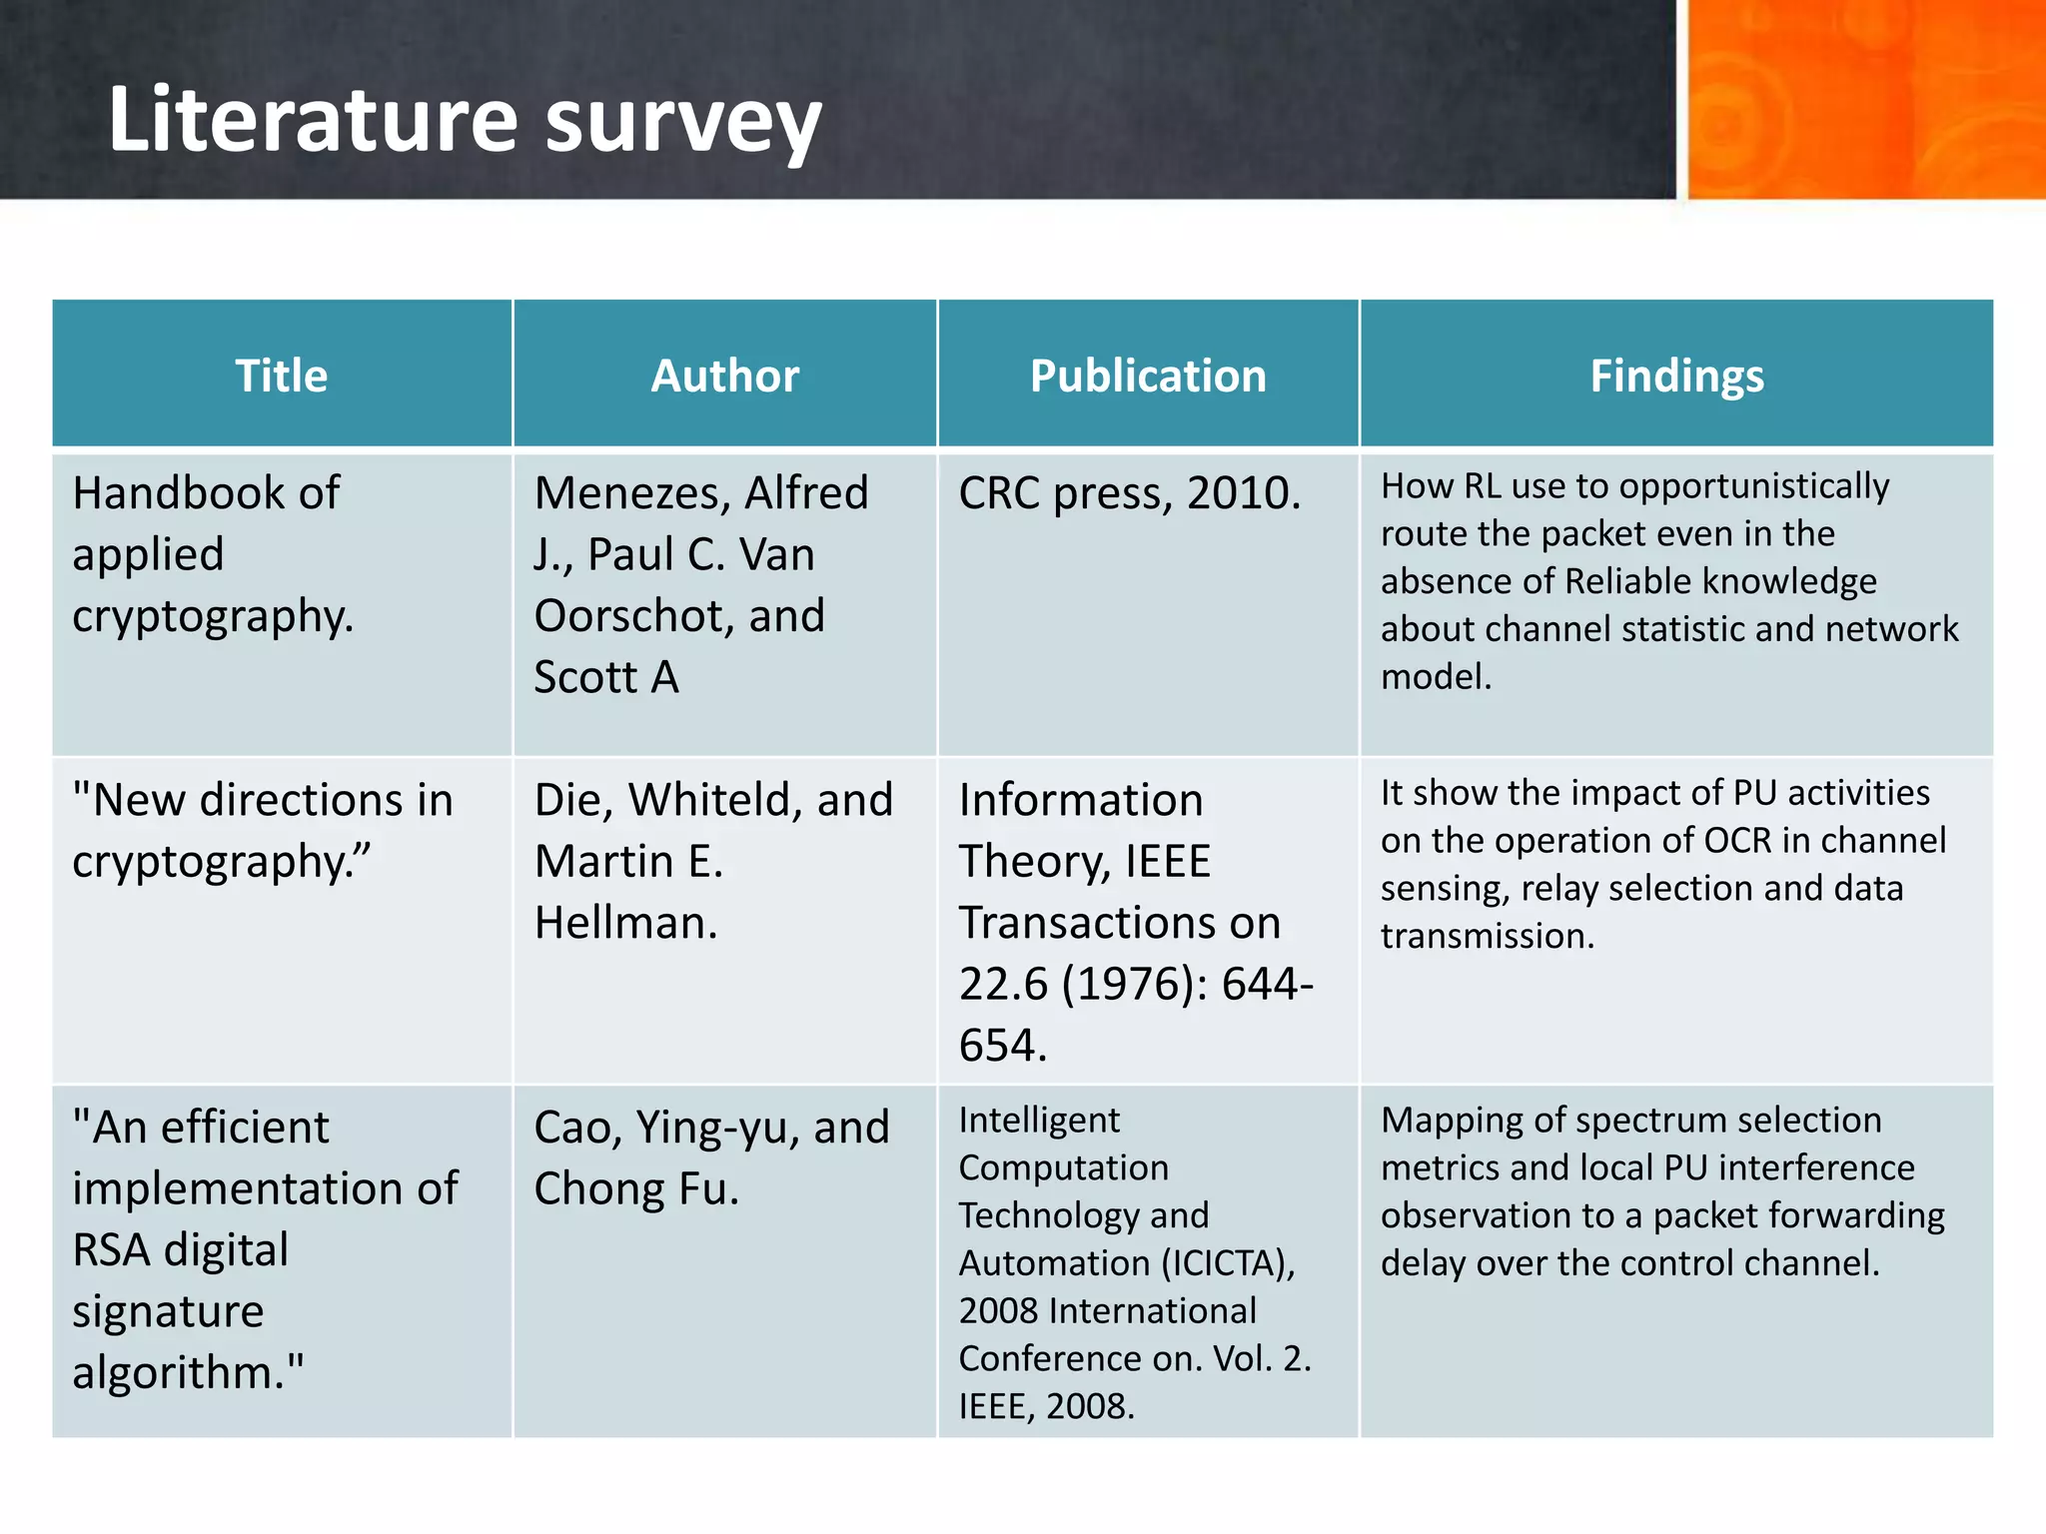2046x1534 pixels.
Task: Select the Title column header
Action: click(x=282, y=376)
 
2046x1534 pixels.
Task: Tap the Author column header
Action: click(x=725, y=376)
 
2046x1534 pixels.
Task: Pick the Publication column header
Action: click(x=1148, y=376)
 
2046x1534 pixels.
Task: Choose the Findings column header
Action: click(x=1676, y=376)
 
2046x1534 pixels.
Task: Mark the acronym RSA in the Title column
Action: click(x=111, y=1250)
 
